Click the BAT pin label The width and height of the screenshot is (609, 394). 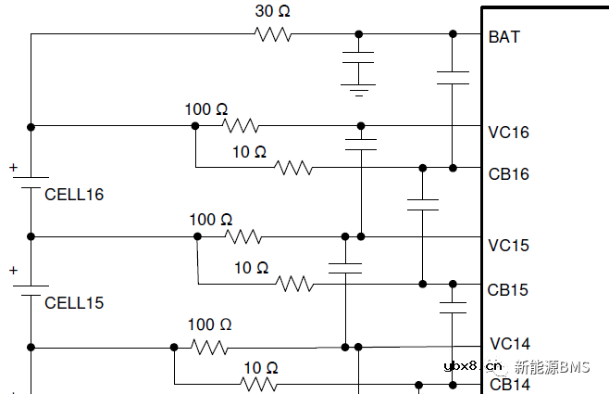click(504, 37)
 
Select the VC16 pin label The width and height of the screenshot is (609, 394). click(509, 133)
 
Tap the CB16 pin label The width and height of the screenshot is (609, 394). click(509, 173)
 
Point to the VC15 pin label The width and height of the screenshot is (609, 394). click(509, 246)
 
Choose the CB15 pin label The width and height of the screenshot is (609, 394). click(508, 289)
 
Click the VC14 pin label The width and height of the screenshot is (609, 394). click(509, 344)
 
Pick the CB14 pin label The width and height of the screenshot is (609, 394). click(509, 384)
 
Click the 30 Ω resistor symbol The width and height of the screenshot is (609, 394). click(274, 34)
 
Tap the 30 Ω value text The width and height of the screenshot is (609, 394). click(273, 12)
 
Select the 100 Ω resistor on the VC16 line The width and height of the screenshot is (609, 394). click(241, 125)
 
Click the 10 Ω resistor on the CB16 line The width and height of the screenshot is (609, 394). click(294, 168)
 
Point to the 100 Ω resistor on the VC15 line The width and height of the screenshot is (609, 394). click(244, 236)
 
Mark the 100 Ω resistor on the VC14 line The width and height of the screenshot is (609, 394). click(210, 347)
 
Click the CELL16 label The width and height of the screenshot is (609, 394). click(74, 195)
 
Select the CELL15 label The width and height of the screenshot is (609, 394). click(74, 303)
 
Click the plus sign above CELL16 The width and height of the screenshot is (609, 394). click(13, 168)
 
